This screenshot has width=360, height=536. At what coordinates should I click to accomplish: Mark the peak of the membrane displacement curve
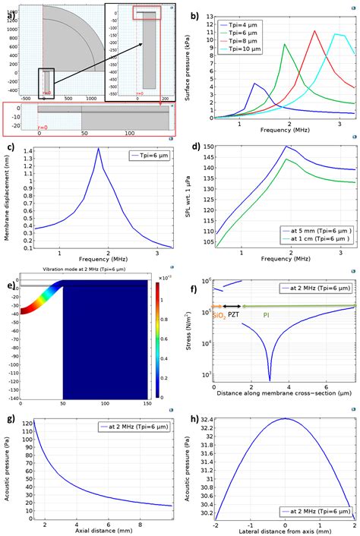click(x=99, y=149)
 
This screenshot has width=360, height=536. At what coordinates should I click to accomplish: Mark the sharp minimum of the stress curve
click(x=270, y=379)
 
